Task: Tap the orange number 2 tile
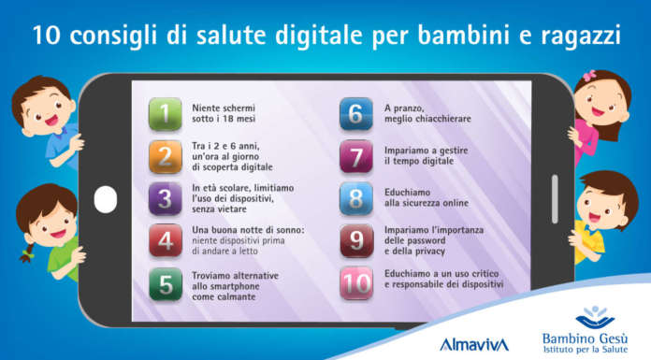166,156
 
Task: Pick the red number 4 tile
166,242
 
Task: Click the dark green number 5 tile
166,285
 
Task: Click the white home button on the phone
107,198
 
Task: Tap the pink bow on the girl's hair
590,75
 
